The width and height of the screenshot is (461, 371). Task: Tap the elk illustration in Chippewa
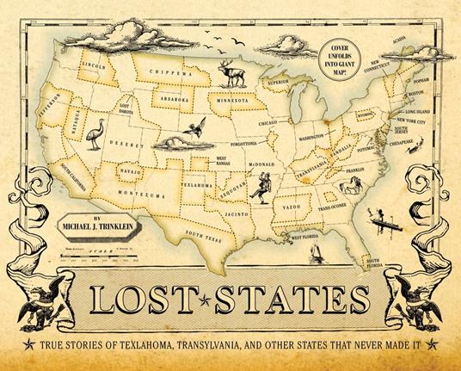pos(231,75)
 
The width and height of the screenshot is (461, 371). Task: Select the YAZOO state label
pos(286,207)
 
